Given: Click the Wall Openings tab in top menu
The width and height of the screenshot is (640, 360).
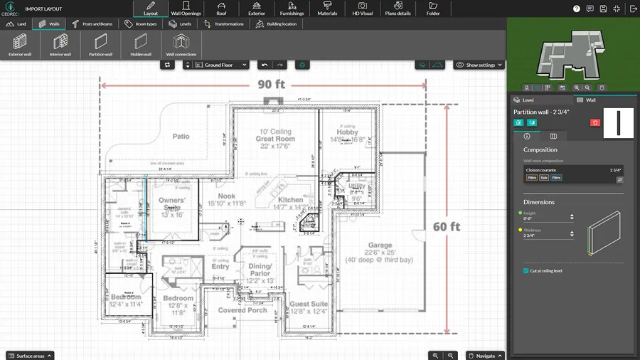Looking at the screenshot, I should coord(186,9).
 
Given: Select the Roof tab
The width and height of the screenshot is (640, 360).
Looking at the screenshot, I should coord(221,9).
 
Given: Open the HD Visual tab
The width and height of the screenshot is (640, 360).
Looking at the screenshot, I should coord(363,9).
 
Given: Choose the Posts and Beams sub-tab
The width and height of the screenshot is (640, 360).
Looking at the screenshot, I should coord(92,23).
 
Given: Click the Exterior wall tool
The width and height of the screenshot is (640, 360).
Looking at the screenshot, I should coord(20,45).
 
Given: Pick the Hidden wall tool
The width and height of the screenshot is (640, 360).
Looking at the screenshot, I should coord(141,45).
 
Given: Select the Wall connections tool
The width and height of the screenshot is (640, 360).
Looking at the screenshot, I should coord(181,45).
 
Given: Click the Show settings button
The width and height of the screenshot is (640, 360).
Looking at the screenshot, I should coord(479,65).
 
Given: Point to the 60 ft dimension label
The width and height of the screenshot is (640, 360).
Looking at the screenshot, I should coord(446,227).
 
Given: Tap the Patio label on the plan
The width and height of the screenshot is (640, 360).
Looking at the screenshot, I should coord(181,136).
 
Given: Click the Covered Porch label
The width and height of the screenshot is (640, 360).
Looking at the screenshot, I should coord(242,310).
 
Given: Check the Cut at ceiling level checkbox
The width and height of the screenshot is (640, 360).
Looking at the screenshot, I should coord(526,270).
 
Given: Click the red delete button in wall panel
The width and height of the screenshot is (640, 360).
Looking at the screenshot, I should coord(595,122).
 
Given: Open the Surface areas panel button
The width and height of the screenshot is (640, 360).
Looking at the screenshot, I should coord(29,355).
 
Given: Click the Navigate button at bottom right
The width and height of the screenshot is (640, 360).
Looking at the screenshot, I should coord(486,355).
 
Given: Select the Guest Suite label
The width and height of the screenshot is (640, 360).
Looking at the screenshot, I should coord(309,304).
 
